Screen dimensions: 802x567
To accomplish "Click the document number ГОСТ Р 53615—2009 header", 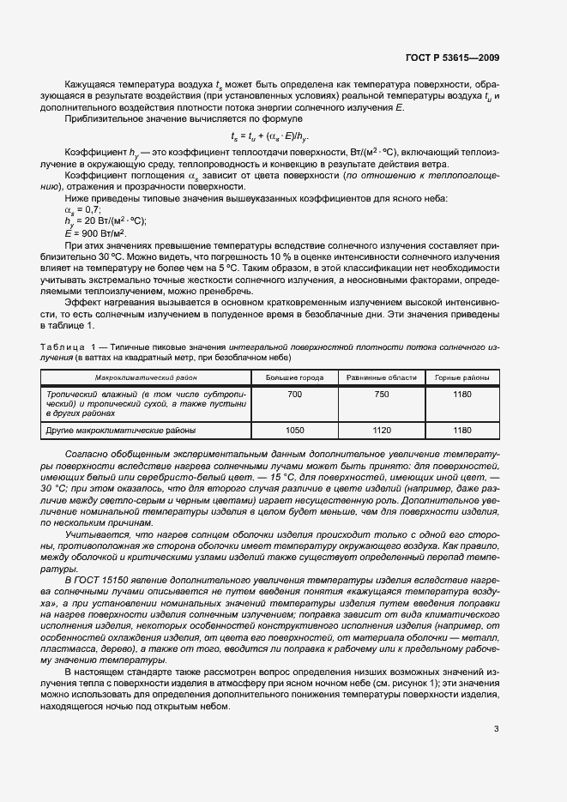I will (452, 57).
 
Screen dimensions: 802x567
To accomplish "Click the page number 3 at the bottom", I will (497, 729).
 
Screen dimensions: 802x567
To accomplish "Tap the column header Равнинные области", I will (382, 377).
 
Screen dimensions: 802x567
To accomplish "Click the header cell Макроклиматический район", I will (146, 377).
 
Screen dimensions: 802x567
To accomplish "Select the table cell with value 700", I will (294, 393).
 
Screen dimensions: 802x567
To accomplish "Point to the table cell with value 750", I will (382, 393).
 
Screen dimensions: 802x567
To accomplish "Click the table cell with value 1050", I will (294, 431).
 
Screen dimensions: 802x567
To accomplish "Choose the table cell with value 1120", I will (382, 431).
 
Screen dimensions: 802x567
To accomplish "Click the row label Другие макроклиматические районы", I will (120, 431).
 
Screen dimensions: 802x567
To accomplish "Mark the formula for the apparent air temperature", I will (270, 136).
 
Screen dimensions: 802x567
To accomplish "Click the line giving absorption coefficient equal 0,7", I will (82, 208).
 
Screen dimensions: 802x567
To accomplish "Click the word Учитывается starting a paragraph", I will (91, 534).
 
